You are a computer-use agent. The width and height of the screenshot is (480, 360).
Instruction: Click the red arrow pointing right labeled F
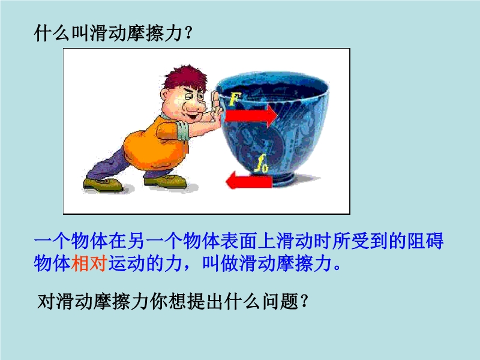[x=251, y=116]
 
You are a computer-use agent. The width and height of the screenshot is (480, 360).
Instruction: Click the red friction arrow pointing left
[x=248, y=181]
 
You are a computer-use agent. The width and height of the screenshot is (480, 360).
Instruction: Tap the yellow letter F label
[x=234, y=98]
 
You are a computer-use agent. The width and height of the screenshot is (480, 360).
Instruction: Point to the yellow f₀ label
[x=262, y=163]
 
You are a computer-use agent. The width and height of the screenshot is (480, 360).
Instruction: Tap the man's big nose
[x=193, y=106]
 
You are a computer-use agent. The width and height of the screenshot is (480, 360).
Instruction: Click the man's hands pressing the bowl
[x=217, y=107]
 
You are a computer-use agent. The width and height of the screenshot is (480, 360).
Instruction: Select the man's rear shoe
[x=103, y=185]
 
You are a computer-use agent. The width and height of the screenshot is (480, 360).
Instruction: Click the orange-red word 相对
[x=89, y=263]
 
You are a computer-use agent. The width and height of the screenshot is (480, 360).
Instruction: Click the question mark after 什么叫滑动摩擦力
[x=188, y=33]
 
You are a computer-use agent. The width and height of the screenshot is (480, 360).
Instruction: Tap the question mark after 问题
[x=304, y=302]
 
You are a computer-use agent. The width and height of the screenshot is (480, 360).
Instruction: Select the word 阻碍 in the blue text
[x=425, y=241]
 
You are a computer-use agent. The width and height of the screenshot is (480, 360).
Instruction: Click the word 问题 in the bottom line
[x=280, y=302]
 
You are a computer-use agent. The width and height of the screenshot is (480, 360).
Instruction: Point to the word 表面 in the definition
[x=239, y=241]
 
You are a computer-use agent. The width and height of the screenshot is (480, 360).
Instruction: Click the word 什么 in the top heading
[x=52, y=33]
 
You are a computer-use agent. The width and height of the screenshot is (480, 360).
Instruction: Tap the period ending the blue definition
[x=337, y=268]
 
